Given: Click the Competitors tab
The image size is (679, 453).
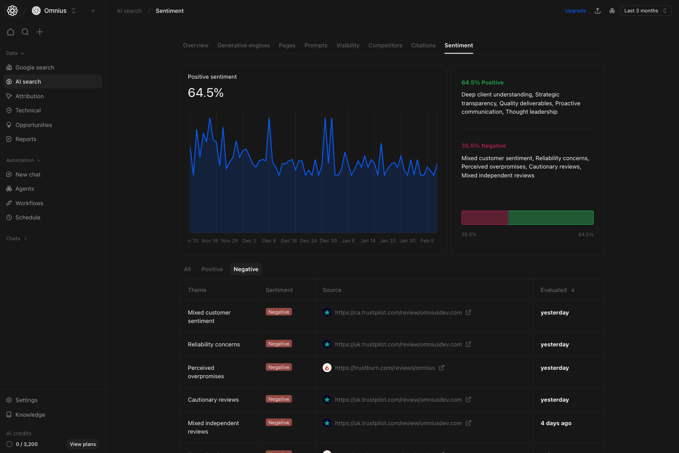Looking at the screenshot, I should point(385,46).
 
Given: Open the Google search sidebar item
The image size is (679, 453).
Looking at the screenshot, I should point(34,68).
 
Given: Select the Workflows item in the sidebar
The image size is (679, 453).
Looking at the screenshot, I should point(29,203).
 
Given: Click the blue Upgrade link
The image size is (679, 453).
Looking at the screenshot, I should point(575,11).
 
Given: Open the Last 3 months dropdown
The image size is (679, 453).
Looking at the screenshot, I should point(645,11).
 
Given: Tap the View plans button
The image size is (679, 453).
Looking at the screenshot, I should point(83,444).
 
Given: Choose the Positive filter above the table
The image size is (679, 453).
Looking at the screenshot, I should point(212,269).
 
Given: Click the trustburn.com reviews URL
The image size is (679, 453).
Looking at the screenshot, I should point(385,368).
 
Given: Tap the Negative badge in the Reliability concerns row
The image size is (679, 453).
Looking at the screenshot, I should point(278,344).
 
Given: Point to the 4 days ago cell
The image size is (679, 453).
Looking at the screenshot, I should point(556,423).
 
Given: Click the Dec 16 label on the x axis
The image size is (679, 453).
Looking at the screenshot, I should point(289,241).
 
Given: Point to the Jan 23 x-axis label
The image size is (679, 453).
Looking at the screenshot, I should point(388,241).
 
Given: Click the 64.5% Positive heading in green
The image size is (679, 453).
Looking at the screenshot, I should point(482,83).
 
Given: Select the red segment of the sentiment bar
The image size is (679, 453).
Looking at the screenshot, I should point(484,218).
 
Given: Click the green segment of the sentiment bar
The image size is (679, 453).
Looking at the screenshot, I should point(550,218).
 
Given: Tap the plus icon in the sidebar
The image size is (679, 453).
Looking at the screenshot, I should point(40,32).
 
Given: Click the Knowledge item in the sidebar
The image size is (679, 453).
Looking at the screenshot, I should point(30,415).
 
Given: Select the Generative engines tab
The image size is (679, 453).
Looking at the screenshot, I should point(244,46).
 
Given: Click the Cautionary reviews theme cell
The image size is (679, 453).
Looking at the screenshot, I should point(213,400).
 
